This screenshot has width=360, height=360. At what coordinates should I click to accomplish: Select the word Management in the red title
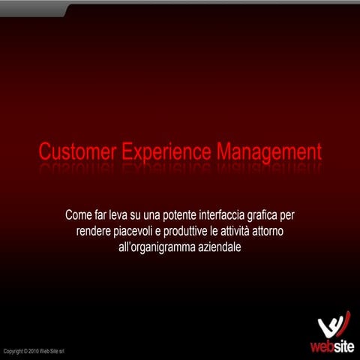coord(268,152)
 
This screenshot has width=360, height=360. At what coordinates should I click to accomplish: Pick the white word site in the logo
coord(342,346)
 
